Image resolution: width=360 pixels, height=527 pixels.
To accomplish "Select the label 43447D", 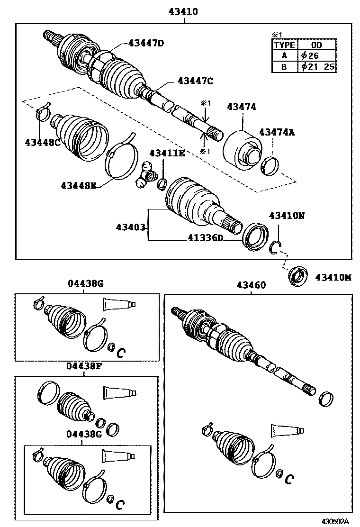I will click(145, 44).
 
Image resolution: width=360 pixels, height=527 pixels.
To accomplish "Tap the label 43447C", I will click(195, 81).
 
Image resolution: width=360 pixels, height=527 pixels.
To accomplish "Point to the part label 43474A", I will click(277, 132).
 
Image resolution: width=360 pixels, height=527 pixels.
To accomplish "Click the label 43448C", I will click(42, 142).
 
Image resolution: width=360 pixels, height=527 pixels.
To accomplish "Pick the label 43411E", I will click(167, 153).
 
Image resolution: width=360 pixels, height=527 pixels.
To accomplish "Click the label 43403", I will click(130, 227).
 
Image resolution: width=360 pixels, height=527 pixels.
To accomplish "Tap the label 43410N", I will click(287, 215).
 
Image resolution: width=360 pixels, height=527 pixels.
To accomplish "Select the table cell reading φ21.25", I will click(317, 67).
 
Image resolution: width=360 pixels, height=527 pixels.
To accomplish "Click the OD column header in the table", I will click(317, 45).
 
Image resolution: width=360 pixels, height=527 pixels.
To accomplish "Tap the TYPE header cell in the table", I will click(284, 45).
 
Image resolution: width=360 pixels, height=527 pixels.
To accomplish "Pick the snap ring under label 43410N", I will click(278, 248).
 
